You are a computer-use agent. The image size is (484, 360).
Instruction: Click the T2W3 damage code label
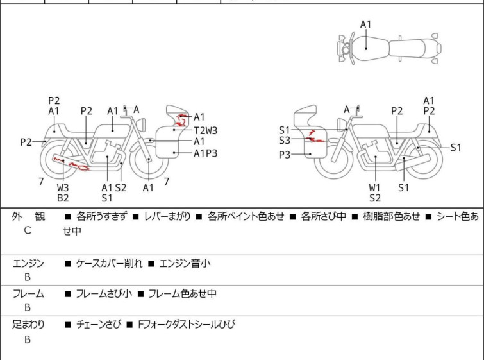(205, 130)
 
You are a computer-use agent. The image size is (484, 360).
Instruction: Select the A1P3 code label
(205, 153)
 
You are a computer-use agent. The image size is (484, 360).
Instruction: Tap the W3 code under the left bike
(62, 187)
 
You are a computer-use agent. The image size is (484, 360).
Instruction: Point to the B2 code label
(62, 198)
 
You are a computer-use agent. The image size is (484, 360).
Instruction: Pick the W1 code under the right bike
(374, 187)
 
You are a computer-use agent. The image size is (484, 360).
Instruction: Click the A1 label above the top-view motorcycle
(365, 24)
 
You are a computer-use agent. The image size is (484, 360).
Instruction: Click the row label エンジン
(29, 263)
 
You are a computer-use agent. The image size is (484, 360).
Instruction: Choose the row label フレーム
(29, 294)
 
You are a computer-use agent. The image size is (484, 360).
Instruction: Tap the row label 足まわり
(29, 325)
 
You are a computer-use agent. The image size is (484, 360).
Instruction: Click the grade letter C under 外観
(28, 230)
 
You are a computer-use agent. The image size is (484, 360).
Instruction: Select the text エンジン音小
(185, 263)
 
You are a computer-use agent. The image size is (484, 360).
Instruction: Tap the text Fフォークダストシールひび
(186, 325)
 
